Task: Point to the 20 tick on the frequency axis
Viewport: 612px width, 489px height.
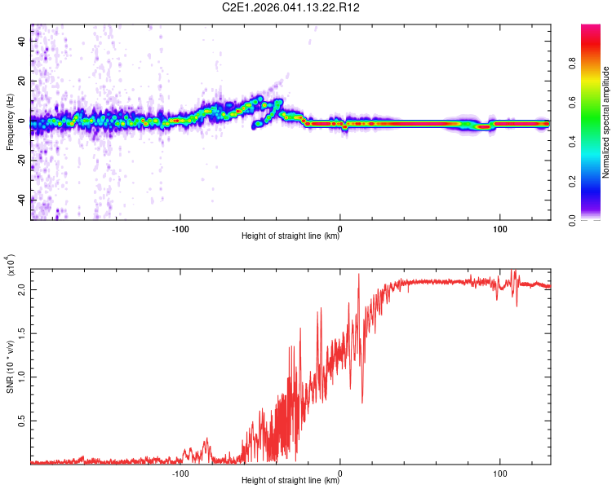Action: [x=22, y=81]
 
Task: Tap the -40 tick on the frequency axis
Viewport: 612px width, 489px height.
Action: [x=20, y=200]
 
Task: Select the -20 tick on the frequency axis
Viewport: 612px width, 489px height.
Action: [x=20, y=161]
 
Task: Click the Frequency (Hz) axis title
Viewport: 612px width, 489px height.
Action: [x=10, y=122]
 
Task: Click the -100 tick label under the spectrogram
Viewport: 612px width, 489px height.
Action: [x=181, y=227]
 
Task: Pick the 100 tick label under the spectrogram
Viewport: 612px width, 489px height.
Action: [x=498, y=227]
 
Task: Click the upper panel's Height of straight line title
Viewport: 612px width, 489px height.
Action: [x=290, y=236]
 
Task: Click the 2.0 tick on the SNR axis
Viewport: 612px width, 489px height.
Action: [x=21, y=290]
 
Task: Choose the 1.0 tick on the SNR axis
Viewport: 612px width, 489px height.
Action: [x=21, y=377]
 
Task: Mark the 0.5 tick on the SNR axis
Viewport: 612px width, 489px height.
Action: [x=21, y=421]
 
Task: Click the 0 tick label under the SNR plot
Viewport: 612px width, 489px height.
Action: [x=340, y=472]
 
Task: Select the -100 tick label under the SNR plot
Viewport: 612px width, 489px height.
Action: [x=181, y=472]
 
